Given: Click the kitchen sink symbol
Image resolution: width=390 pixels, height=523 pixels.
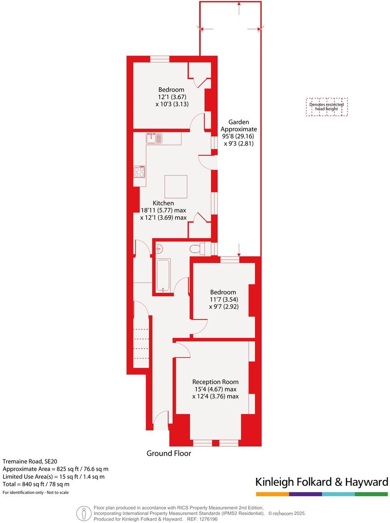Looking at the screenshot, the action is pos(154,138).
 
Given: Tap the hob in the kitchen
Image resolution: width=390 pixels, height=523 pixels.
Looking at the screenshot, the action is pos(139,173).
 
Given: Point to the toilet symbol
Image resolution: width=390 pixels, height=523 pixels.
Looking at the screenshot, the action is pos(197,248).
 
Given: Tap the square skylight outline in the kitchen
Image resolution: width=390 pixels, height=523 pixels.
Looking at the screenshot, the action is pos(176,186).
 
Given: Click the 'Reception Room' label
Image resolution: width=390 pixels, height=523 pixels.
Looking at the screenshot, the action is pos(215,382).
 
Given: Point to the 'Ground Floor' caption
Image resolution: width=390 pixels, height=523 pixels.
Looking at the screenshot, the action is pos(169,453).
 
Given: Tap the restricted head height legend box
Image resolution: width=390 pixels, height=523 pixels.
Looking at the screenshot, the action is pos(327,107).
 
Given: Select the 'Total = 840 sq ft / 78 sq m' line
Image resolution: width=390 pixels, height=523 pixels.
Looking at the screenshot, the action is pos(36,484).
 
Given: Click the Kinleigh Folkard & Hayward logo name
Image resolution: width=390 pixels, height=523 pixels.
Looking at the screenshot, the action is pos(322,482).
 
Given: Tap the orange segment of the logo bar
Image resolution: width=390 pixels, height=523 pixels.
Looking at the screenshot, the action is pos(272,494).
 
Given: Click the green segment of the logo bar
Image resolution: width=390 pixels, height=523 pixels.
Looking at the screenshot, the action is pos(371,494).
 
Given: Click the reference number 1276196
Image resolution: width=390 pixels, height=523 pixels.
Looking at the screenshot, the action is pos(208,519).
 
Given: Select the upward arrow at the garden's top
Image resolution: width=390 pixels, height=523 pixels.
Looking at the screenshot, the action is pos(239,4).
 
